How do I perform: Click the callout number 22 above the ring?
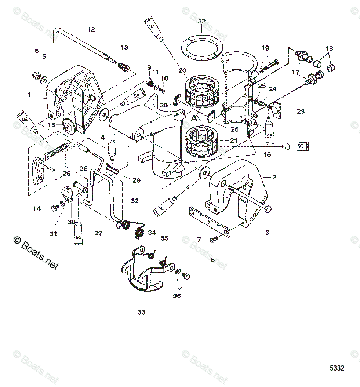pos(202,21)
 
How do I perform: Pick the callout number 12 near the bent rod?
pos(91,29)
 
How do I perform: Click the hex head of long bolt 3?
pos(268,209)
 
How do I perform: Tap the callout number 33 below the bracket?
pos(141,312)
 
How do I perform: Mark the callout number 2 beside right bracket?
pos(274,177)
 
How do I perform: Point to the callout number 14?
pos(37,208)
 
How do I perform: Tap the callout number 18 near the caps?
pos(329,48)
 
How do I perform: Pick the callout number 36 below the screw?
pos(177,296)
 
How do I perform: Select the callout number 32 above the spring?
pos(135,201)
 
